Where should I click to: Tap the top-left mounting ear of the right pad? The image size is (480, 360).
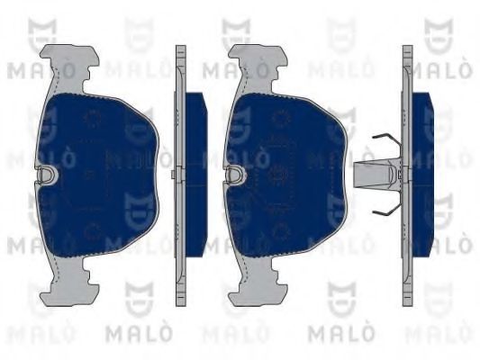click(244, 59)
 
